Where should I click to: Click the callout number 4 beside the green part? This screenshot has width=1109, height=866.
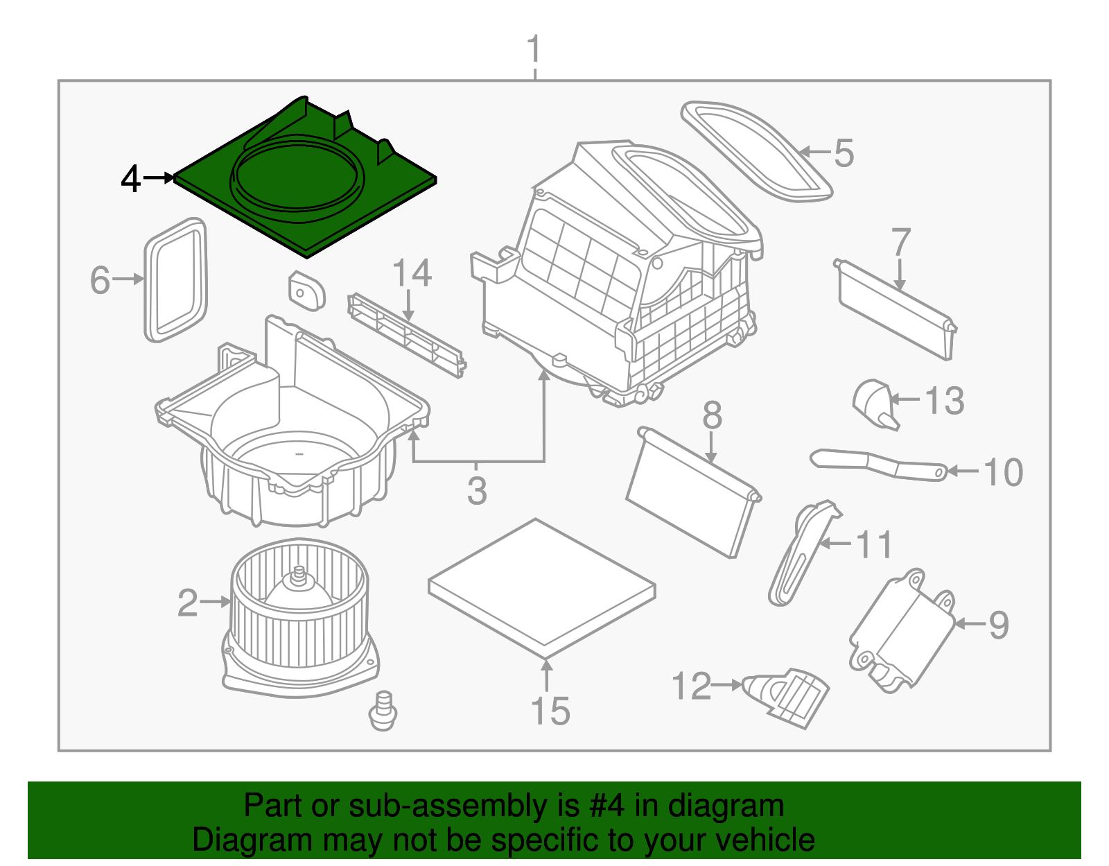tap(130, 179)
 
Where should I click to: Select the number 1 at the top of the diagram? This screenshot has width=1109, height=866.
tap(533, 50)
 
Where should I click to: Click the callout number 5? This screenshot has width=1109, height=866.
tap(844, 153)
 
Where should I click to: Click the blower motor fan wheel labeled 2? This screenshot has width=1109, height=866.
tap(299, 610)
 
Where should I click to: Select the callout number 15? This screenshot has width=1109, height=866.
tap(550, 711)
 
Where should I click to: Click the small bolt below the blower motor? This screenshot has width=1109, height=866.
tap(383, 711)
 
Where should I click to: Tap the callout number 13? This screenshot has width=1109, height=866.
tap(945, 401)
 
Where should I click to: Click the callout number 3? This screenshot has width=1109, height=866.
tap(477, 490)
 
